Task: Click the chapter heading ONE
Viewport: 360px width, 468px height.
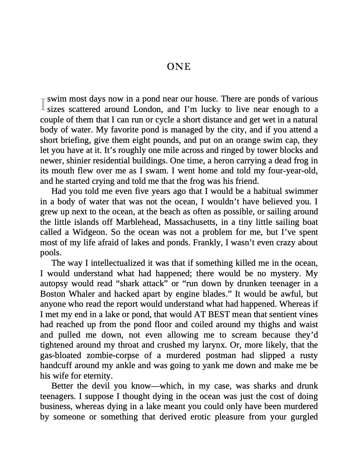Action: tap(179, 67)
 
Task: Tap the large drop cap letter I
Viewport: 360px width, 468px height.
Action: tap(43, 104)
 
